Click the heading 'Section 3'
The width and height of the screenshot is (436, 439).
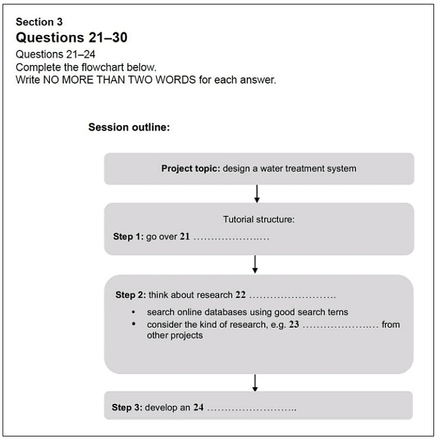(39, 22)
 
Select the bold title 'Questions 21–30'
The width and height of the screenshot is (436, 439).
(71, 38)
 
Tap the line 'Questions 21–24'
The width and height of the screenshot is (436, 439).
(55, 54)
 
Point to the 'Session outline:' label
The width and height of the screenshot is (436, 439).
(128, 127)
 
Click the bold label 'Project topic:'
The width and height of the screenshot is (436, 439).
(191, 169)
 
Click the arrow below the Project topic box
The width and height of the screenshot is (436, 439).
(256, 193)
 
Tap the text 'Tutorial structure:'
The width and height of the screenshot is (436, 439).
(258, 219)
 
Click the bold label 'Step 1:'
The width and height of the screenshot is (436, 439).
(128, 236)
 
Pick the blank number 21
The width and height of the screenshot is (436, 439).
(185, 236)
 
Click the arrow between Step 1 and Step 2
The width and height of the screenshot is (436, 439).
(255, 263)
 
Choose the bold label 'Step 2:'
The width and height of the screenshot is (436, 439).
(130, 295)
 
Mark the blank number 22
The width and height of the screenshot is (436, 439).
(240, 295)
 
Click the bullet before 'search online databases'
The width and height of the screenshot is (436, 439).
(133, 312)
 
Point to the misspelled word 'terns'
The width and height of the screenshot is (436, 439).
(337, 312)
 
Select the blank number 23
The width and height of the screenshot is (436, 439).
(294, 325)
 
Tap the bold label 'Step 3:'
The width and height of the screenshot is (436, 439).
(127, 407)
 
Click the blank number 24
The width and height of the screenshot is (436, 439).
(198, 407)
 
